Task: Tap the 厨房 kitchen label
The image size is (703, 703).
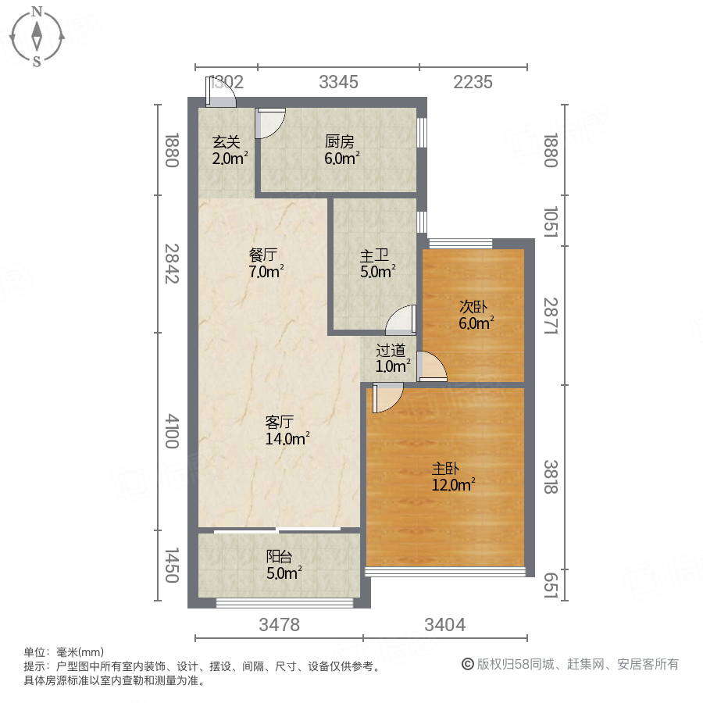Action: [340, 142]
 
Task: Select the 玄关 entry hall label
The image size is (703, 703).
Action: [227, 143]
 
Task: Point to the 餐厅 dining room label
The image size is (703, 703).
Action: [264, 255]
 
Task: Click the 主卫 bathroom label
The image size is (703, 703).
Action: [375, 255]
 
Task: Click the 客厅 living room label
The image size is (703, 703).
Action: [280, 423]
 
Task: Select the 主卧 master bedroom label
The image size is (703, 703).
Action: [446, 469]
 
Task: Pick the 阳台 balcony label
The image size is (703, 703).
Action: [280, 557]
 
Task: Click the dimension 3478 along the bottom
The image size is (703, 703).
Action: [279, 625]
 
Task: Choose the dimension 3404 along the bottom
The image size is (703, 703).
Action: [444, 625]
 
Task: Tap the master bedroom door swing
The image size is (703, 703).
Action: [387, 398]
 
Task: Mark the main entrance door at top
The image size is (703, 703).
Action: [221, 92]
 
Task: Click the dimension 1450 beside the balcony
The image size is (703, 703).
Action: [173, 565]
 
